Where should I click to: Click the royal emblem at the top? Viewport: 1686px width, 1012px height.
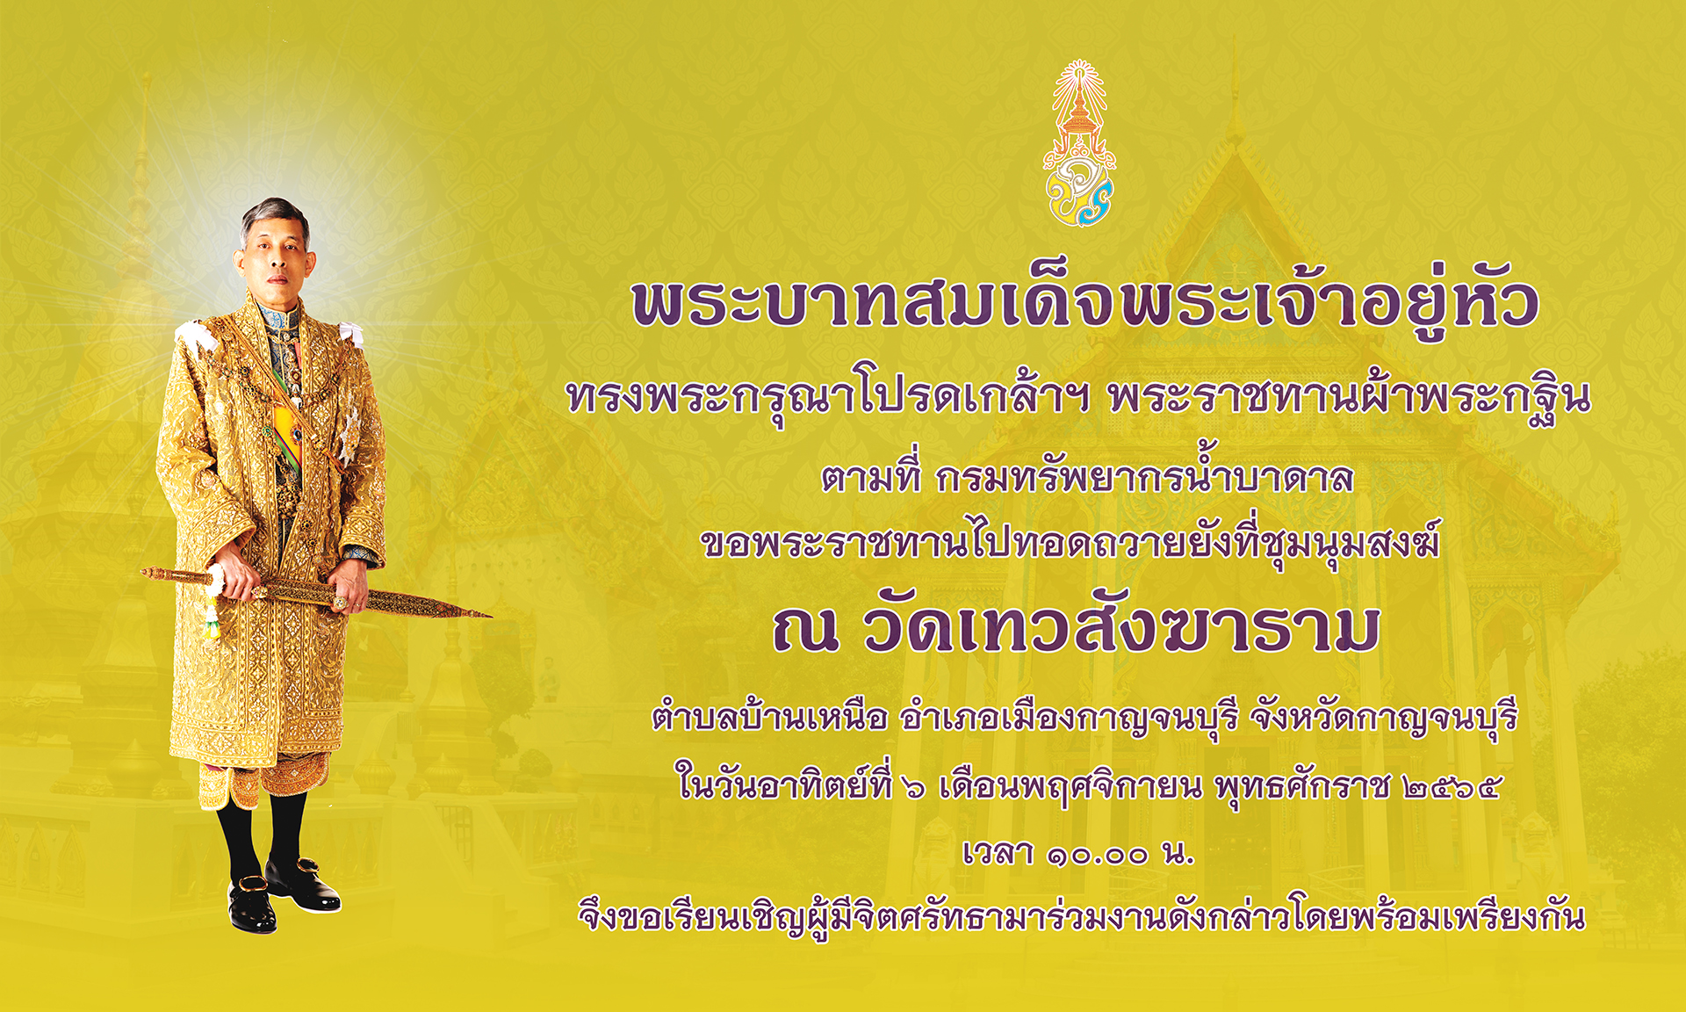[1079, 143]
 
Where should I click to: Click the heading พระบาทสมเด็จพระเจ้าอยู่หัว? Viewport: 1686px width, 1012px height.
[1085, 301]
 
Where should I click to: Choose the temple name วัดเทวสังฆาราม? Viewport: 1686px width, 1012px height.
[1121, 629]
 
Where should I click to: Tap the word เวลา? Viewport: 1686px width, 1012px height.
[998, 852]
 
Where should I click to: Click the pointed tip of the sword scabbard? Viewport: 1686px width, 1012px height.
[489, 615]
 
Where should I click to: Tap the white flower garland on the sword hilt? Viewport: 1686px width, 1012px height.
[213, 602]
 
